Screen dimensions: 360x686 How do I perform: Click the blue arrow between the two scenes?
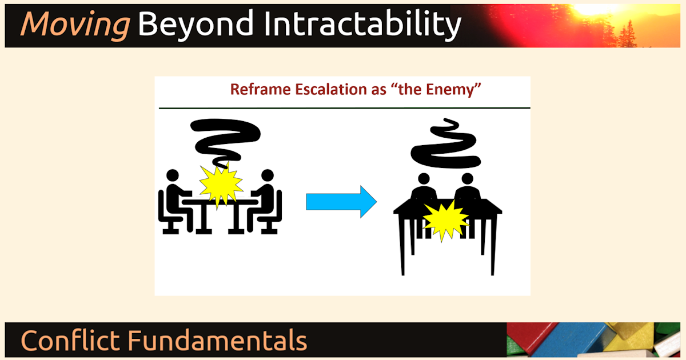pyautogui.click(x=341, y=201)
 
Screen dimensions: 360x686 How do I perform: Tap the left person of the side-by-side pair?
pyautogui.click(x=424, y=189)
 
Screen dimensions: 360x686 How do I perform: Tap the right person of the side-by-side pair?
pyautogui.click(x=466, y=189)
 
